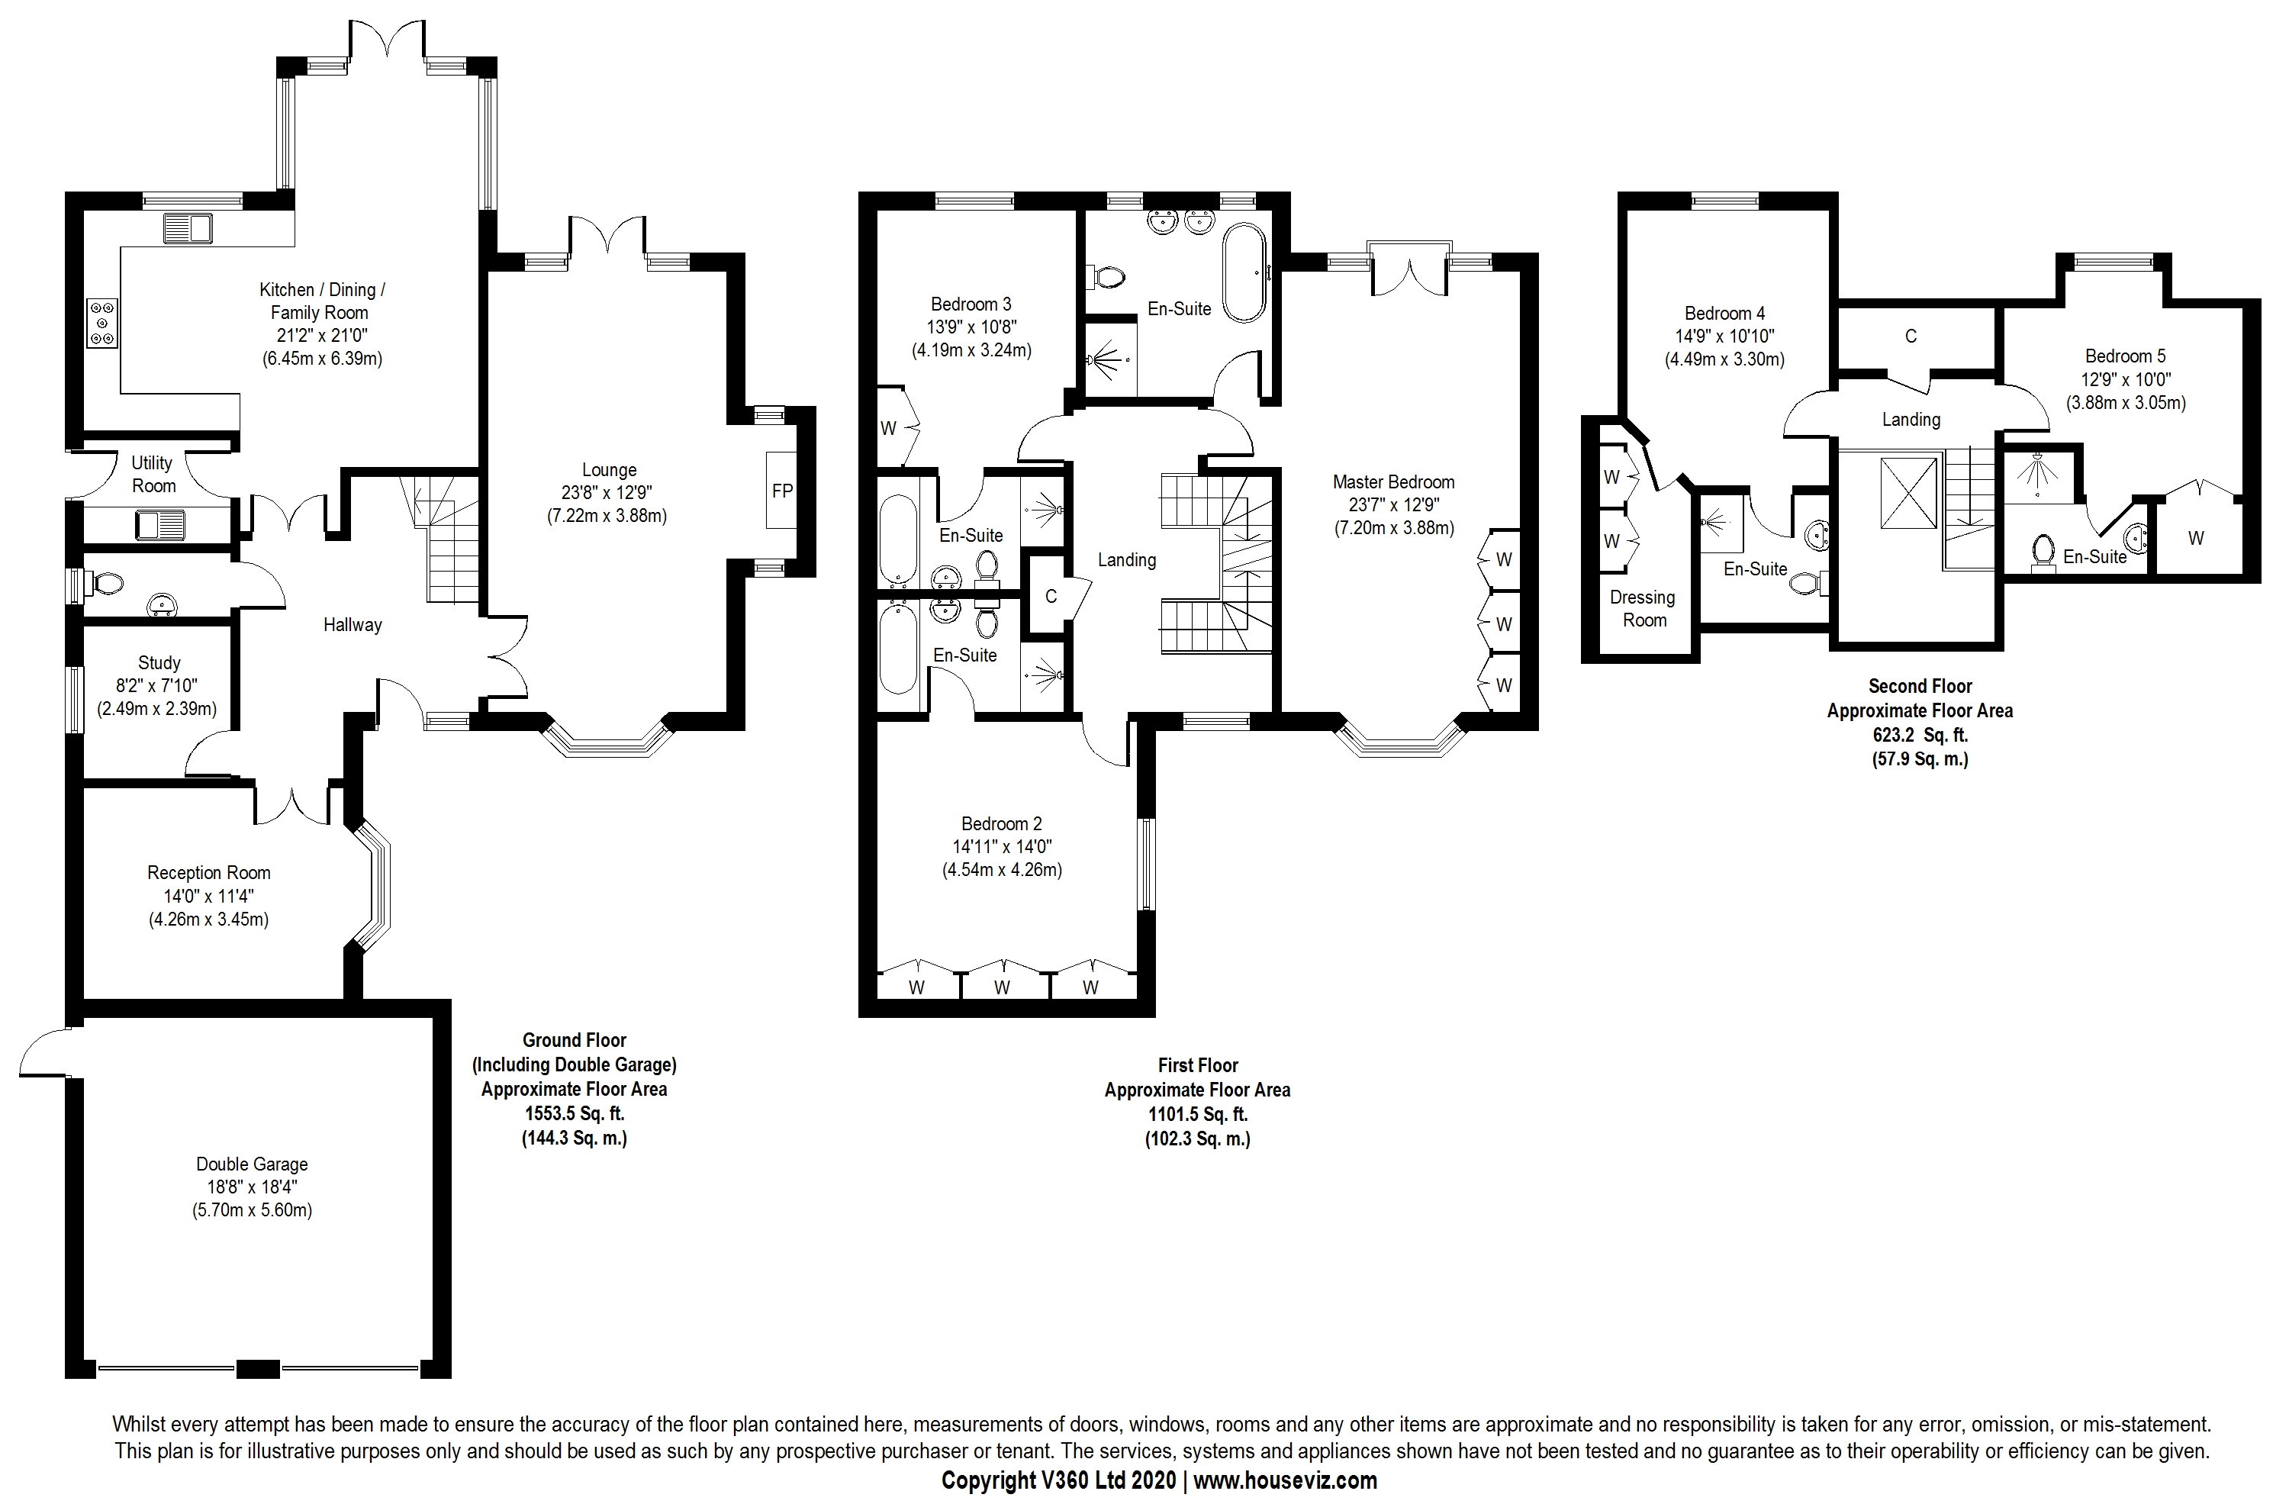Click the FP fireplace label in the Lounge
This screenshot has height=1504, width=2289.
(782, 491)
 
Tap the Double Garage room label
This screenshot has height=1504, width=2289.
(252, 1164)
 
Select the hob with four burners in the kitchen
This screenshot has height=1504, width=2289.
(103, 322)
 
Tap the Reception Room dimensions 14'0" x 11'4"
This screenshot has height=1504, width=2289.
(209, 897)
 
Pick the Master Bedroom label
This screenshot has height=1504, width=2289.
(1393, 481)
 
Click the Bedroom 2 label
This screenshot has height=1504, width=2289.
(1001, 824)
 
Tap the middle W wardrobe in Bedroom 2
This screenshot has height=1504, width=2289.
(1002, 987)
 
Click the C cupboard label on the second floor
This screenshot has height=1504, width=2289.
(1911, 337)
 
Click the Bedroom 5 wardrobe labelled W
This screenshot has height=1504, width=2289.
(2196, 539)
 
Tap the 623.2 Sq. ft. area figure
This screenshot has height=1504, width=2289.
(1920, 735)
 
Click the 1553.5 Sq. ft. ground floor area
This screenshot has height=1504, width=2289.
(575, 1113)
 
